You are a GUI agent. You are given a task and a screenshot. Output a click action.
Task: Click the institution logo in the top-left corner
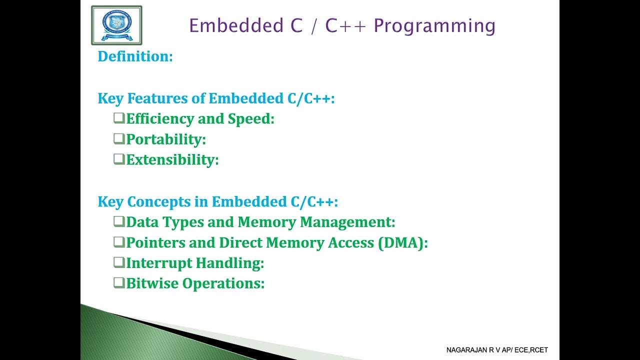116,25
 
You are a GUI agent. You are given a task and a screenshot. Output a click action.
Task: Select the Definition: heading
135,56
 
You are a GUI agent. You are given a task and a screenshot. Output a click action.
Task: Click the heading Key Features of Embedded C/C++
216,98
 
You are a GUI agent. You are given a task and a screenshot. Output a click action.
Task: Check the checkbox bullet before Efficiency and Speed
119,118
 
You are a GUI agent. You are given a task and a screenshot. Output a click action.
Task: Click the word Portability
166,139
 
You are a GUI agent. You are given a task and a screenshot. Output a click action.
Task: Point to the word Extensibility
172,160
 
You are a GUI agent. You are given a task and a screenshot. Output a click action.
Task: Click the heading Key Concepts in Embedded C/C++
218,202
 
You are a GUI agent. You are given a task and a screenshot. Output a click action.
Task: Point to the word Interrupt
158,263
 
